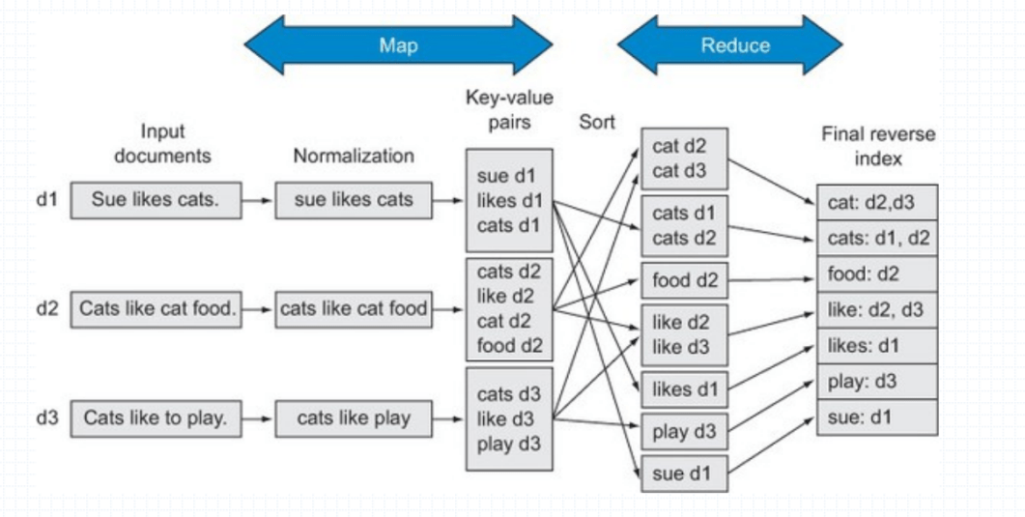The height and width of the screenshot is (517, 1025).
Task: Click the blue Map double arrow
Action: (397, 44)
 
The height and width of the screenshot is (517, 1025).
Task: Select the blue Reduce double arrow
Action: (729, 44)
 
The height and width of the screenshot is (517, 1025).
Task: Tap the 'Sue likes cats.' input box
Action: (156, 200)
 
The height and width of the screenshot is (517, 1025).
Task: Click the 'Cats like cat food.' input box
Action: (156, 310)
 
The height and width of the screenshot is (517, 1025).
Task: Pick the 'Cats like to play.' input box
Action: (156, 418)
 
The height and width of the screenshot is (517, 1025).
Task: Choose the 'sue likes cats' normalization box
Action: (353, 200)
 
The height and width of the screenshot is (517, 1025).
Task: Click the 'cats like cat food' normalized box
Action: (353, 310)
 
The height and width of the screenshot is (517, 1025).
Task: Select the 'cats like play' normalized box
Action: (353, 418)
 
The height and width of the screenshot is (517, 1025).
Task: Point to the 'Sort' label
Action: (597, 123)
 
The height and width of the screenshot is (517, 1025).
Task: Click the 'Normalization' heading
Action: (354, 156)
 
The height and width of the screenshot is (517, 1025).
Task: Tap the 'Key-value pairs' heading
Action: (509, 110)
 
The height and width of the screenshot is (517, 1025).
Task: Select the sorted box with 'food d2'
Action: (684, 281)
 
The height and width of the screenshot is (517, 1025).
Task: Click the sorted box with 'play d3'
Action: (684, 431)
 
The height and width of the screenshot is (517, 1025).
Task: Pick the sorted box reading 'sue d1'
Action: (684, 474)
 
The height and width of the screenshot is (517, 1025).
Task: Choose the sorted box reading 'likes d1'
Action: (684, 388)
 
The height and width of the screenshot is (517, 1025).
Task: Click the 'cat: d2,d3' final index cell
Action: (876, 202)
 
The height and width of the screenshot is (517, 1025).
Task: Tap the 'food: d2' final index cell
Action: (876, 274)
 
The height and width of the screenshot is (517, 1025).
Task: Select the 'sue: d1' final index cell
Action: (876, 417)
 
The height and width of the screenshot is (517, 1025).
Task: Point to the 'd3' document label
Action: (47, 418)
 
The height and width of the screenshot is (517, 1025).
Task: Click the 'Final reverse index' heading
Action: (876, 146)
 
